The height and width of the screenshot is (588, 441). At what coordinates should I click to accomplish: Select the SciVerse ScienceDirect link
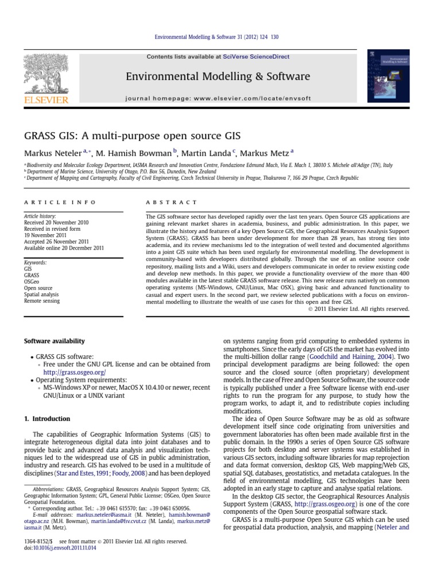pos(256,57)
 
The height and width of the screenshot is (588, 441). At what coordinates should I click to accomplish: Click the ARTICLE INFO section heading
pos(60,203)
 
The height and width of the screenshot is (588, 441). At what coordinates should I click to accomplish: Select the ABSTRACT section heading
pos(172,203)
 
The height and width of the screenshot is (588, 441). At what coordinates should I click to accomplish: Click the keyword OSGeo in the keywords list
pos(32,281)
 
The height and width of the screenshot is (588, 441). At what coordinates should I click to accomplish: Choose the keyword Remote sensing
pos(42,300)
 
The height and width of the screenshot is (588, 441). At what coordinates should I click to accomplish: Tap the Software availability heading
pos(55,341)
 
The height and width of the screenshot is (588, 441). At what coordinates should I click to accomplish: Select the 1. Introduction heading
pos(47,419)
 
